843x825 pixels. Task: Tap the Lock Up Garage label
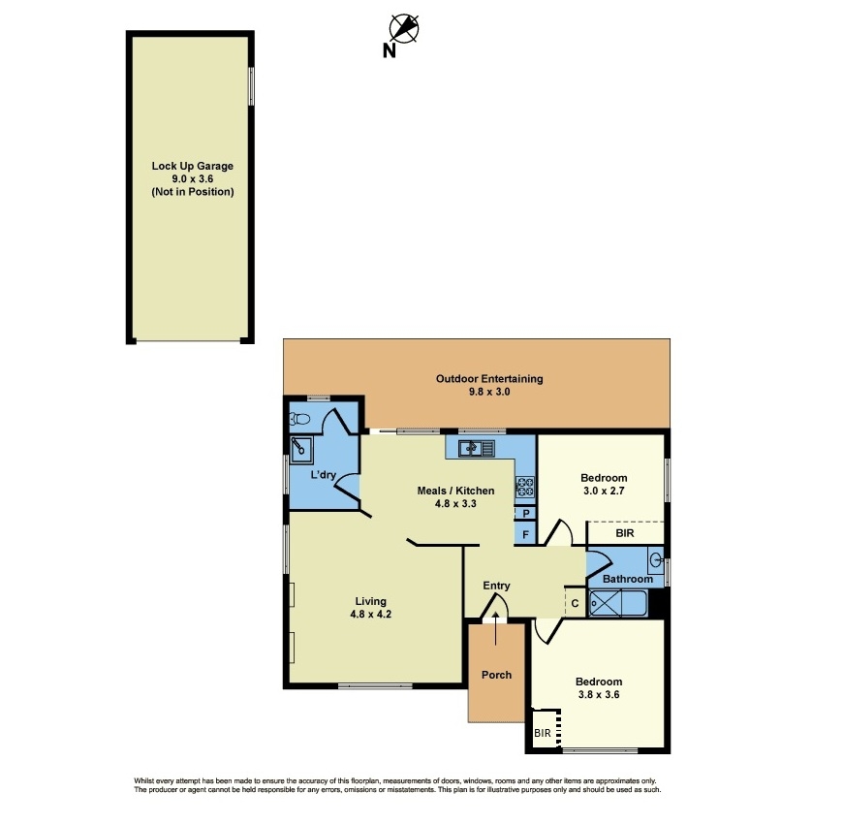point(193,166)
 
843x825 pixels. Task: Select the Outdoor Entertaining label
point(489,379)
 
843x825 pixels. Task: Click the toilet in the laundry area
point(298,419)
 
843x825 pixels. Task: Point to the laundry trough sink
point(301,450)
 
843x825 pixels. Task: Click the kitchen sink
point(477,448)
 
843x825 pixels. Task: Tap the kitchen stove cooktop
point(525,487)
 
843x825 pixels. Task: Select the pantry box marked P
point(526,513)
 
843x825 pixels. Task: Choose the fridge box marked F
point(526,534)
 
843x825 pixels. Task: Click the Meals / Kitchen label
point(456,491)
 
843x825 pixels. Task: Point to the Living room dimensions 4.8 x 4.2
point(370,615)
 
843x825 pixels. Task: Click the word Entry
point(496,586)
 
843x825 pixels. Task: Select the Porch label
point(496,675)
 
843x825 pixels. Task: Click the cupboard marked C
point(575,603)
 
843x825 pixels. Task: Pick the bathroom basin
point(656,560)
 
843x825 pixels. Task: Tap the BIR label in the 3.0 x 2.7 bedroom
point(625,533)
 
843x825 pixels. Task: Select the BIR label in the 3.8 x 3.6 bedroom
point(543,733)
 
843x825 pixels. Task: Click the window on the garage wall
point(251,86)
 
